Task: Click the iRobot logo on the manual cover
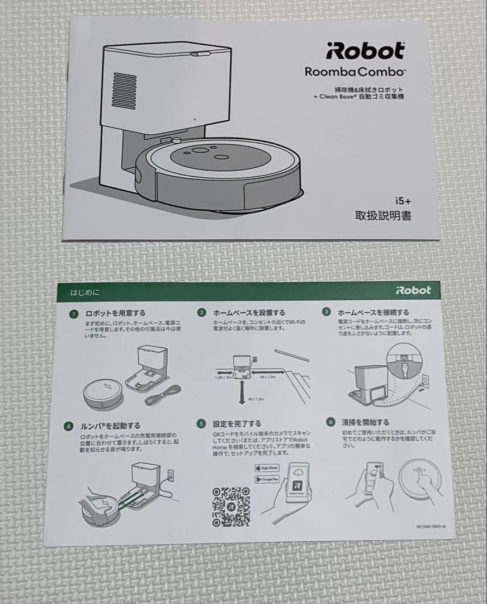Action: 365,51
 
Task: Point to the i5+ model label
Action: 402,200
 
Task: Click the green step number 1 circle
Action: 73,314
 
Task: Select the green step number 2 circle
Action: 202,312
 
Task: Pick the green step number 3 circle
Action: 327,312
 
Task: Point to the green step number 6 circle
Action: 331,422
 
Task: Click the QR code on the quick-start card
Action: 231,506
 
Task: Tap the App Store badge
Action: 267,468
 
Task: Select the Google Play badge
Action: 267,479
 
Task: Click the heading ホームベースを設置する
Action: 249,313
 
